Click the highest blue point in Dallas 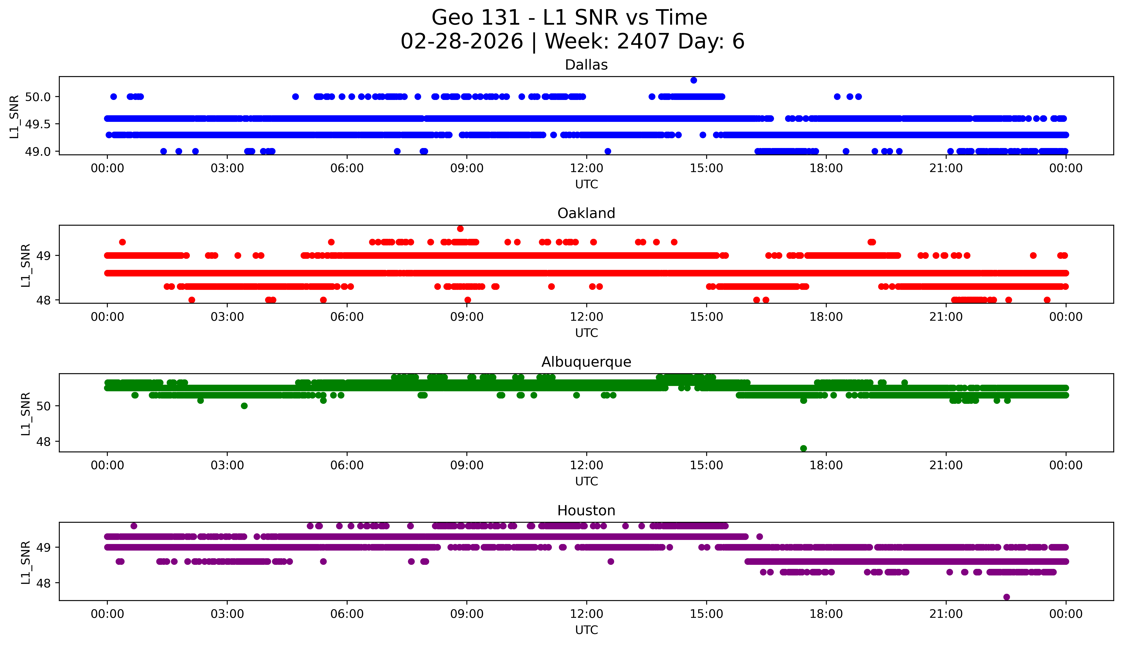coord(693,80)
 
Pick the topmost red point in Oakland coord(460,229)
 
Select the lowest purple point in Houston coord(1006,597)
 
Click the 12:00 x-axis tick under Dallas coord(586,168)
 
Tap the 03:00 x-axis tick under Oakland coord(227,317)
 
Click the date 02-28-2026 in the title coord(461,42)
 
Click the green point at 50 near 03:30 coord(244,406)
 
